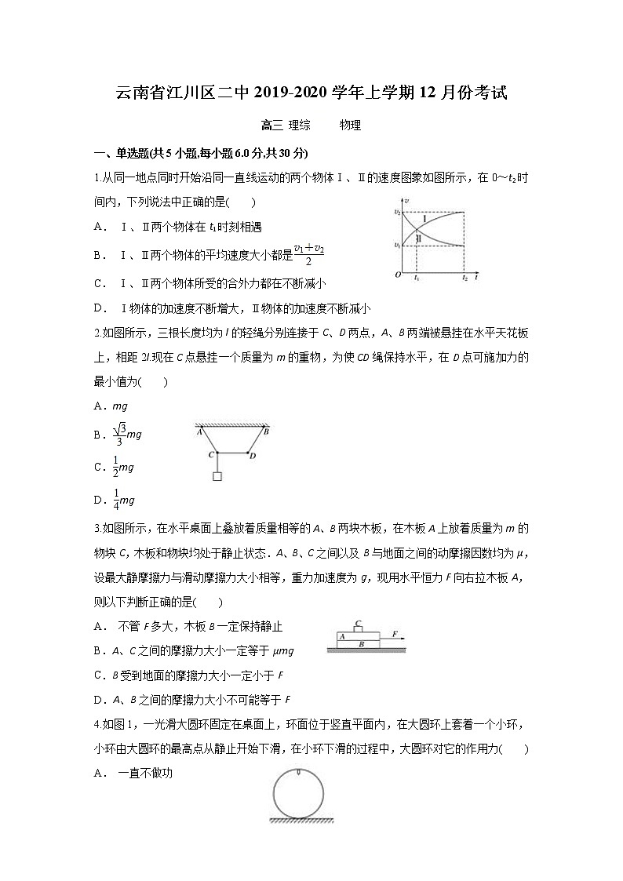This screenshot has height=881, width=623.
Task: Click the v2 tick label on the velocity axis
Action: tap(397, 212)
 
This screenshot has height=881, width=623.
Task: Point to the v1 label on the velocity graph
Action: tap(397, 246)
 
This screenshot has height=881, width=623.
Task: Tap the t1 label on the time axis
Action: tap(416, 278)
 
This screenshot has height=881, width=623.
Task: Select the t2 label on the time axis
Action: tap(465, 278)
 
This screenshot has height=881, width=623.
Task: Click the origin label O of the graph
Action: tap(398, 275)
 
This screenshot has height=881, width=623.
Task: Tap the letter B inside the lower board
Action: tap(360, 643)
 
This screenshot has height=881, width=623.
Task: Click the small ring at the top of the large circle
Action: tap(299, 775)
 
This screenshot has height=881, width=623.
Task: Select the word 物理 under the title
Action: tap(350, 125)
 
